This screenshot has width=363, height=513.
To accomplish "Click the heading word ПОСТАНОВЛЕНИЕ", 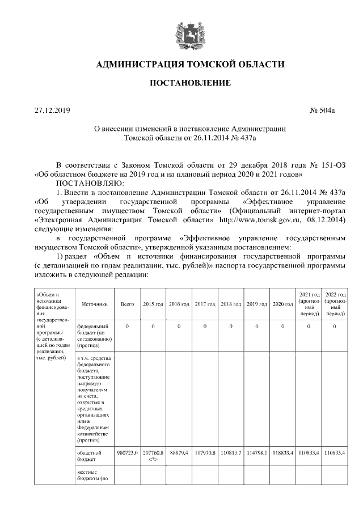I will (189, 83).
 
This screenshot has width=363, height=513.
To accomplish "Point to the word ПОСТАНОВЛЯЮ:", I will (86, 184).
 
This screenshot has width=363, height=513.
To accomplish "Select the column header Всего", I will (127, 304).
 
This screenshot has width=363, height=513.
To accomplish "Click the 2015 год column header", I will (153, 304).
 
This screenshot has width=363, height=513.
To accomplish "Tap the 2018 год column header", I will (231, 304).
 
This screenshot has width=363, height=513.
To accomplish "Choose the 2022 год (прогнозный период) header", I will (335, 304).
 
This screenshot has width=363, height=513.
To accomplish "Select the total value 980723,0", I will (127, 453).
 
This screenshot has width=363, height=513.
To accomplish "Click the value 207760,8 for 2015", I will (153, 453).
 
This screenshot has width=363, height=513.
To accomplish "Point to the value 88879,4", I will (179, 453).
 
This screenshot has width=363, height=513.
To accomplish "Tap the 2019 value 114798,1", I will (257, 453).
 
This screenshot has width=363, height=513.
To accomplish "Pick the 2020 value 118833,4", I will (282, 453).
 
